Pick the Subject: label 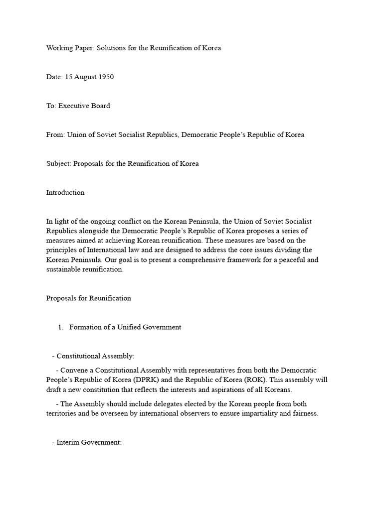(59, 164)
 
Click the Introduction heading (65, 193)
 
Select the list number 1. (60, 327)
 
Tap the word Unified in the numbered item (130, 327)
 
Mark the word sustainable (65, 269)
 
